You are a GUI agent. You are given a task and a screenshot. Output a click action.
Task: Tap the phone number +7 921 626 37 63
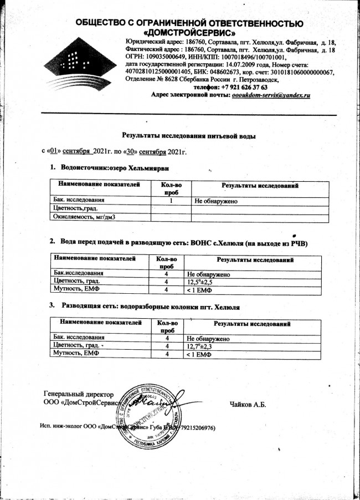tap(238, 88)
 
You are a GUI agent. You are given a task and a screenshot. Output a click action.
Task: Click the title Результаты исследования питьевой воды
tap(189, 135)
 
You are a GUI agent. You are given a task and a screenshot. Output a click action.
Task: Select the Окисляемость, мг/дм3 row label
tap(83, 217)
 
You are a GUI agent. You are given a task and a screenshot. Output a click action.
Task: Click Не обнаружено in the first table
tap(216, 200)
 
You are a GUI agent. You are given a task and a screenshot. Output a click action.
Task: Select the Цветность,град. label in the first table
tap(75, 208)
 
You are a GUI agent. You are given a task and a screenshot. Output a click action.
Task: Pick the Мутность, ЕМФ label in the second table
tap(75, 289)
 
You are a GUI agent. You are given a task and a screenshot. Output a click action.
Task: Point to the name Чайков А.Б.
tap(248, 404)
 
